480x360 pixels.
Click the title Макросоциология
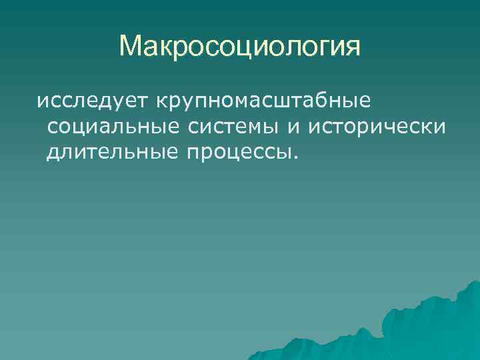pyautogui.click(x=240, y=47)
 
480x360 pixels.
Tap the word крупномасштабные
pyautogui.click(x=262, y=103)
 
